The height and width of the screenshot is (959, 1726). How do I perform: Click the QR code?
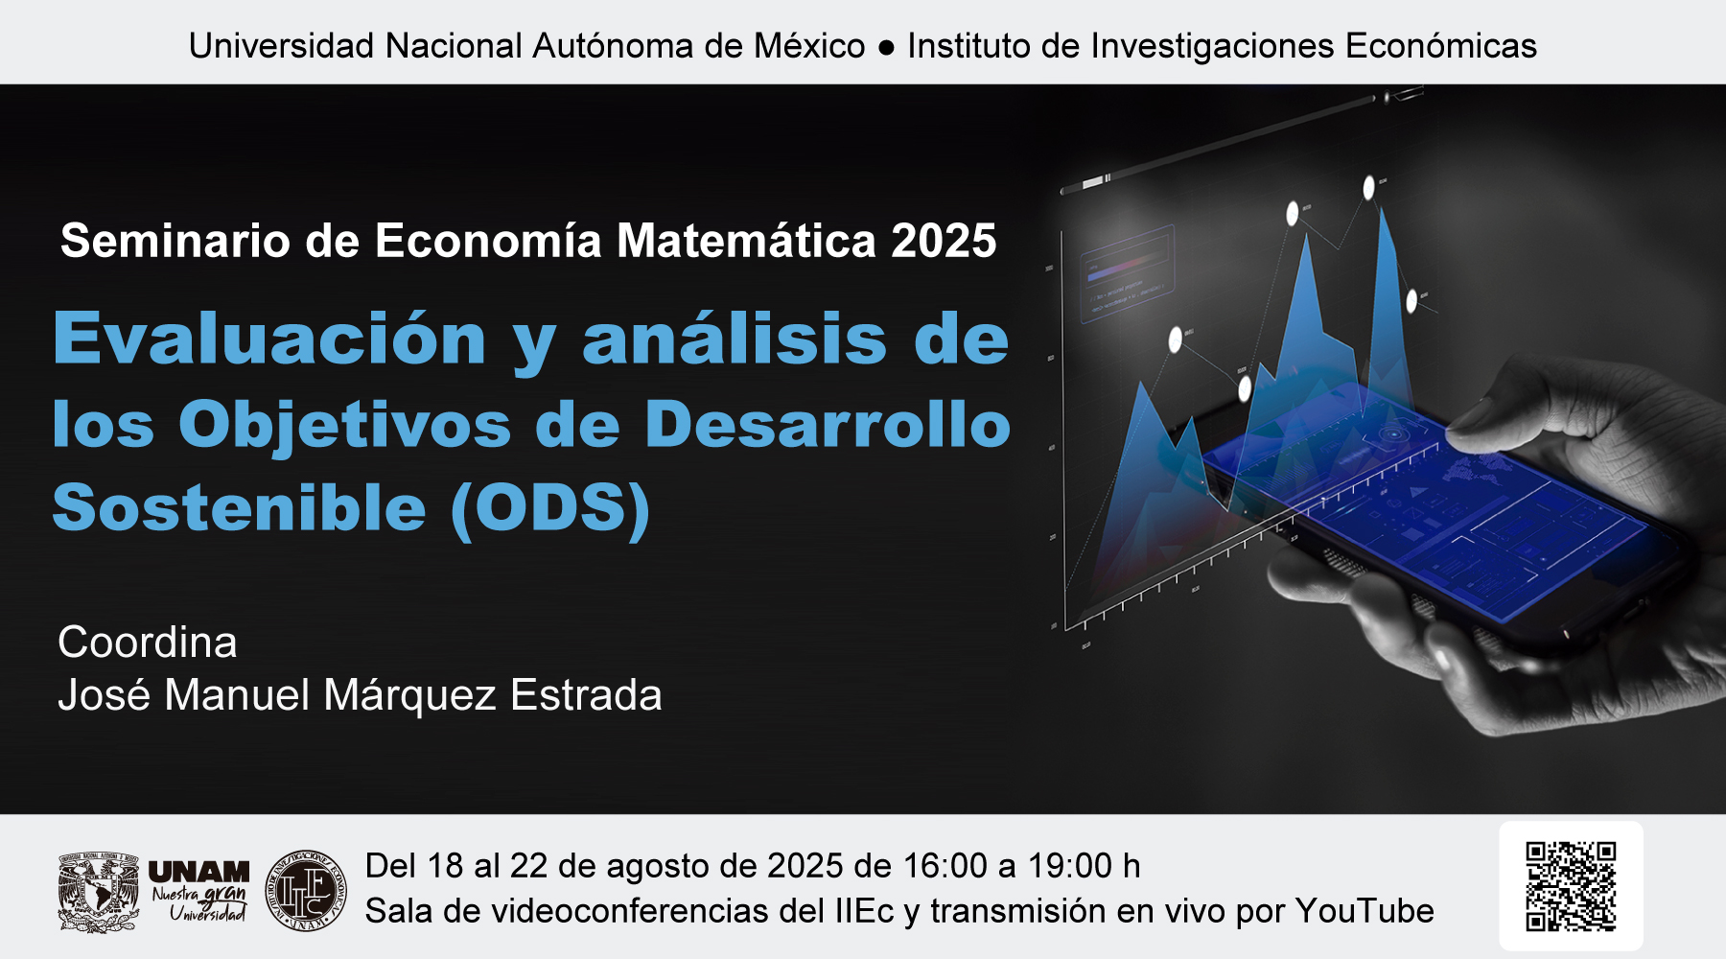1571,886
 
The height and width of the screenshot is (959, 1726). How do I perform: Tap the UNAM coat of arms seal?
98,892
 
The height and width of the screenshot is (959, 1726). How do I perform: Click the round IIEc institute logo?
306,890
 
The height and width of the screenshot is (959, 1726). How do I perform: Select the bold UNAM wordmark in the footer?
198,872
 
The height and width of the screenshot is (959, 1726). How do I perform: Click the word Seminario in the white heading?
175,240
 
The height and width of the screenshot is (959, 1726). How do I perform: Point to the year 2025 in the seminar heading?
944,240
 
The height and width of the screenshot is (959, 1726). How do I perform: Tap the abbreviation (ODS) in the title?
551,507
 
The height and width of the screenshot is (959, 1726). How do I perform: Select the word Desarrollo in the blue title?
828,423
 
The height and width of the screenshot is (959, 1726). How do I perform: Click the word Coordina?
147,643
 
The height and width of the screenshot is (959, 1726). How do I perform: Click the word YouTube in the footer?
1364,910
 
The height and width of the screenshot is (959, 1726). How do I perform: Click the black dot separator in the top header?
886,47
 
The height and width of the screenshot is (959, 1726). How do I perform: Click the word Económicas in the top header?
1440,45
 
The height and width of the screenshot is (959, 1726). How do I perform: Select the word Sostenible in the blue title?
239,507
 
